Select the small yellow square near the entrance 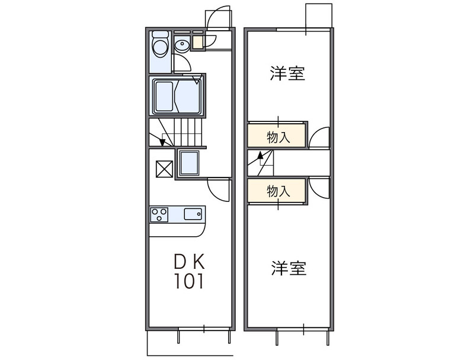click(197, 41)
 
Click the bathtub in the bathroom click(178, 97)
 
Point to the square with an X click(164, 169)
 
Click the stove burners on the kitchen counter click(159, 214)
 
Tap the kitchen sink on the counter click(194, 214)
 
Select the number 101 click(189, 281)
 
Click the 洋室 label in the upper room click(287, 75)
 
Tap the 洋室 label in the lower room click(289, 268)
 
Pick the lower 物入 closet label click(278, 191)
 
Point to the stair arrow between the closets click(260, 159)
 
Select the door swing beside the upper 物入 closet click(318, 137)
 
